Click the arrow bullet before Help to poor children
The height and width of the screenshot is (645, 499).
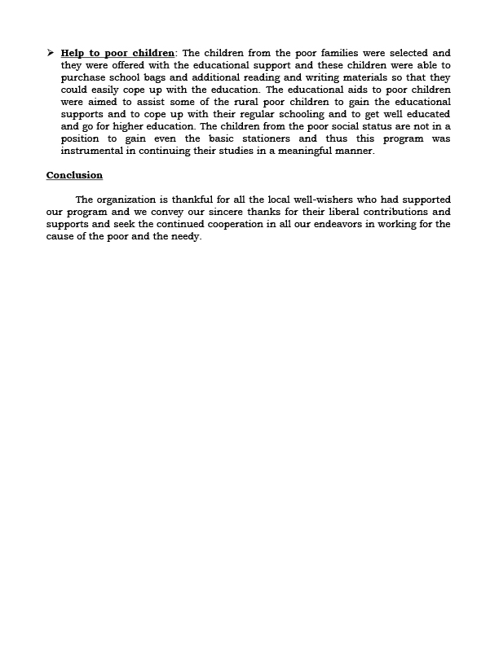point(51,53)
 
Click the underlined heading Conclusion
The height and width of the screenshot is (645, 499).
point(74,175)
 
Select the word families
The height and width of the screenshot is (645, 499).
point(337,53)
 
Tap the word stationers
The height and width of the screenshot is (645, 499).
point(259,138)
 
